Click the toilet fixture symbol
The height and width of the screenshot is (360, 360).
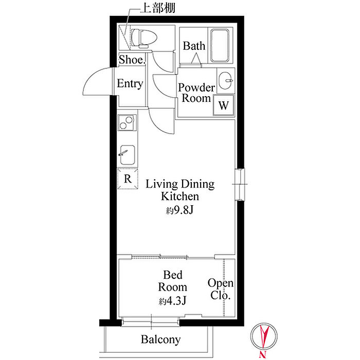pyautogui.click(x=143, y=38)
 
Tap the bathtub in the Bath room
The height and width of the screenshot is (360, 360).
pyautogui.click(x=220, y=45)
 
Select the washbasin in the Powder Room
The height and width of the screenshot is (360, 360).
pyautogui.click(x=225, y=81)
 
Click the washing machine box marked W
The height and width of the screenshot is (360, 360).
pyautogui.click(x=224, y=105)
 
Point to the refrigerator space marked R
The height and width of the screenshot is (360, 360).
pyautogui.click(x=128, y=178)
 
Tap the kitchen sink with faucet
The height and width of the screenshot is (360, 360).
pyautogui.click(x=127, y=155)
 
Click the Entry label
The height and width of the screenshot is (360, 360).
pyautogui.click(x=130, y=83)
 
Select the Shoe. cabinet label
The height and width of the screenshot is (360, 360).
pyautogui.click(x=132, y=60)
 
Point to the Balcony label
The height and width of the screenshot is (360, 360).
pyautogui.click(x=160, y=339)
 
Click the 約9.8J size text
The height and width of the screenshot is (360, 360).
pyautogui.click(x=179, y=210)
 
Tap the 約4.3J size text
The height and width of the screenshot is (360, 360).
pyautogui.click(x=172, y=301)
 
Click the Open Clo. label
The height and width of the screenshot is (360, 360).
pyautogui.click(x=221, y=289)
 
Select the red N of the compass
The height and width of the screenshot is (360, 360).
pyautogui.click(x=263, y=354)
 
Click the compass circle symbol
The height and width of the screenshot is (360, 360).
pyautogui.click(x=264, y=336)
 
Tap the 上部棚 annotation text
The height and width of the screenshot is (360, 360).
pyautogui.click(x=158, y=8)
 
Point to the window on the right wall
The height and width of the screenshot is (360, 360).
pyautogui.click(x=240, y=184)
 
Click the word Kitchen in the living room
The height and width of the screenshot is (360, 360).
pyautogui.click(x=180, y=196)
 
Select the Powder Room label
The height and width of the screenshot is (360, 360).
pyautogui.click(x=196, y=93)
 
